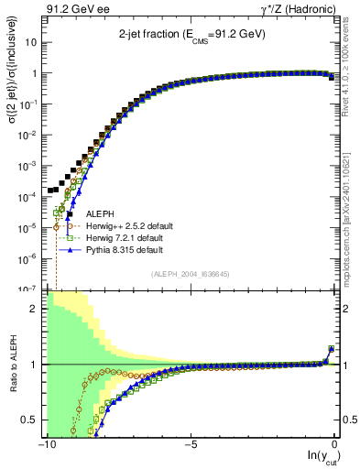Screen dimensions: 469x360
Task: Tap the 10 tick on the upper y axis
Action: (x=30, y=43)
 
